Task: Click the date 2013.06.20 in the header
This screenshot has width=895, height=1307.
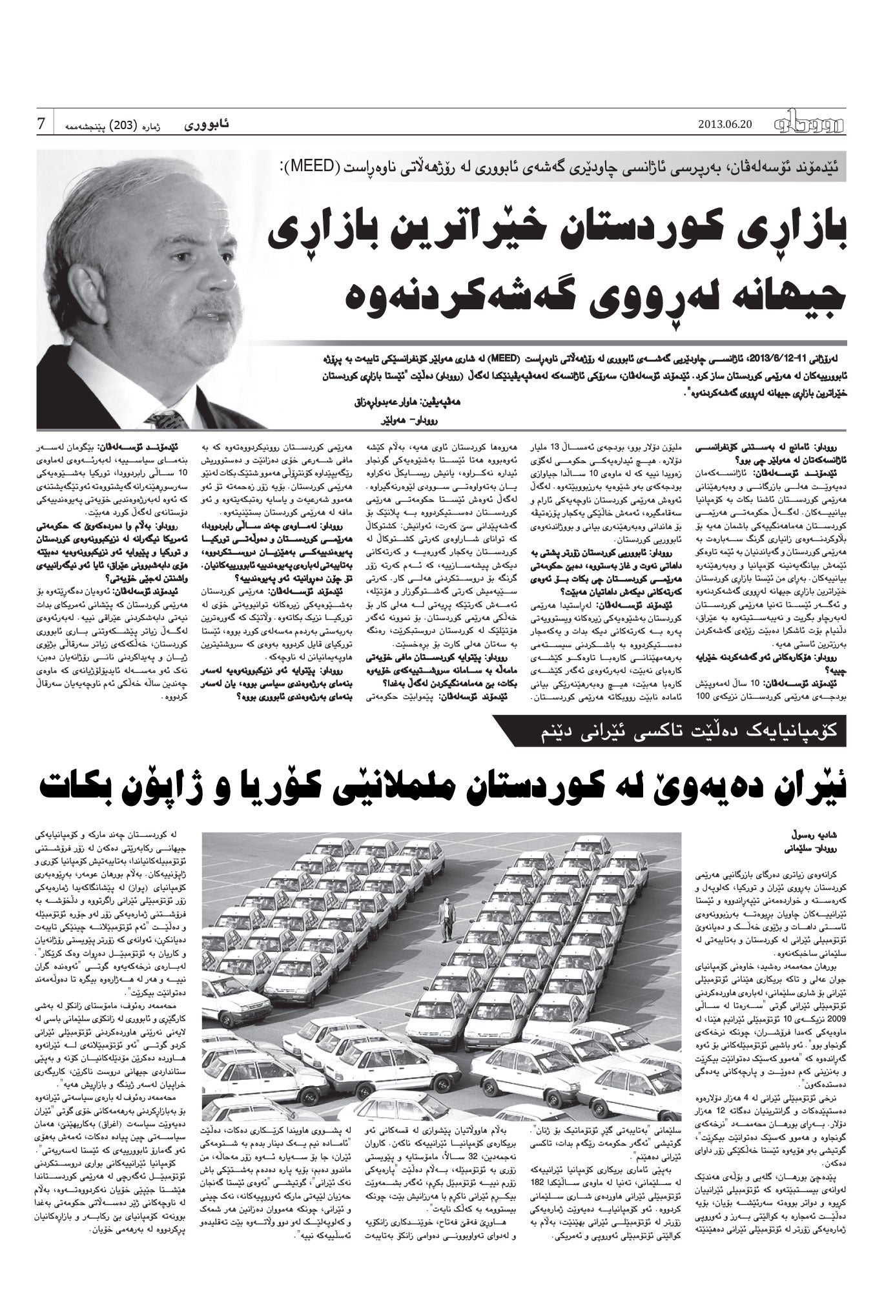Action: click(x=725, y=125)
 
